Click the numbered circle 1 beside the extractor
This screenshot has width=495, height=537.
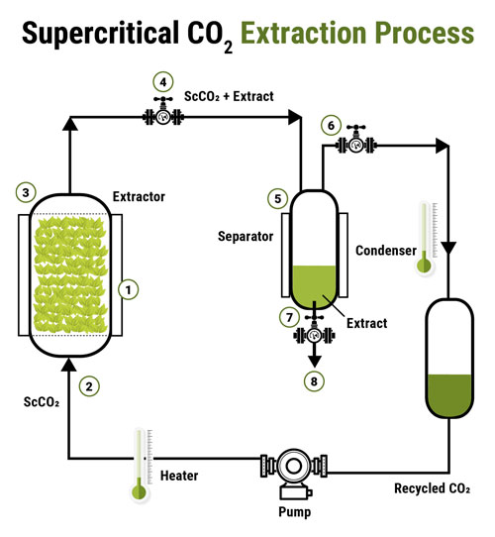point(126,290)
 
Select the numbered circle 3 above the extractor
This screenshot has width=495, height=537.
point(28,191)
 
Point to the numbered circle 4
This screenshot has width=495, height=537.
point(163,81)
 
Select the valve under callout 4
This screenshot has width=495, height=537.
point(163,117)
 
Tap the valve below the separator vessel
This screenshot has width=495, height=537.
point(315,334)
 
